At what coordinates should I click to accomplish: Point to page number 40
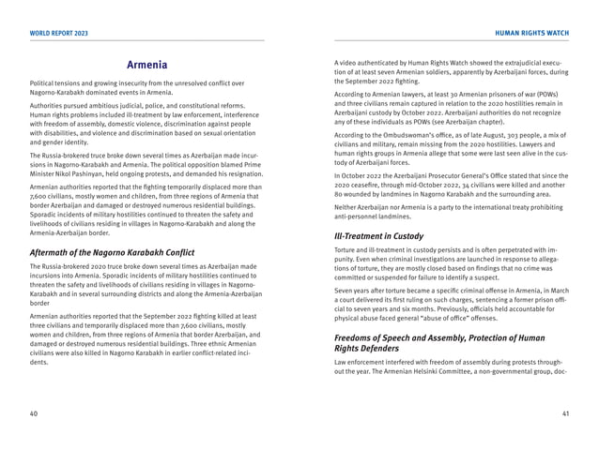click(x=34, y=412)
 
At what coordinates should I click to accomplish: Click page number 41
click(x=565, y=412)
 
